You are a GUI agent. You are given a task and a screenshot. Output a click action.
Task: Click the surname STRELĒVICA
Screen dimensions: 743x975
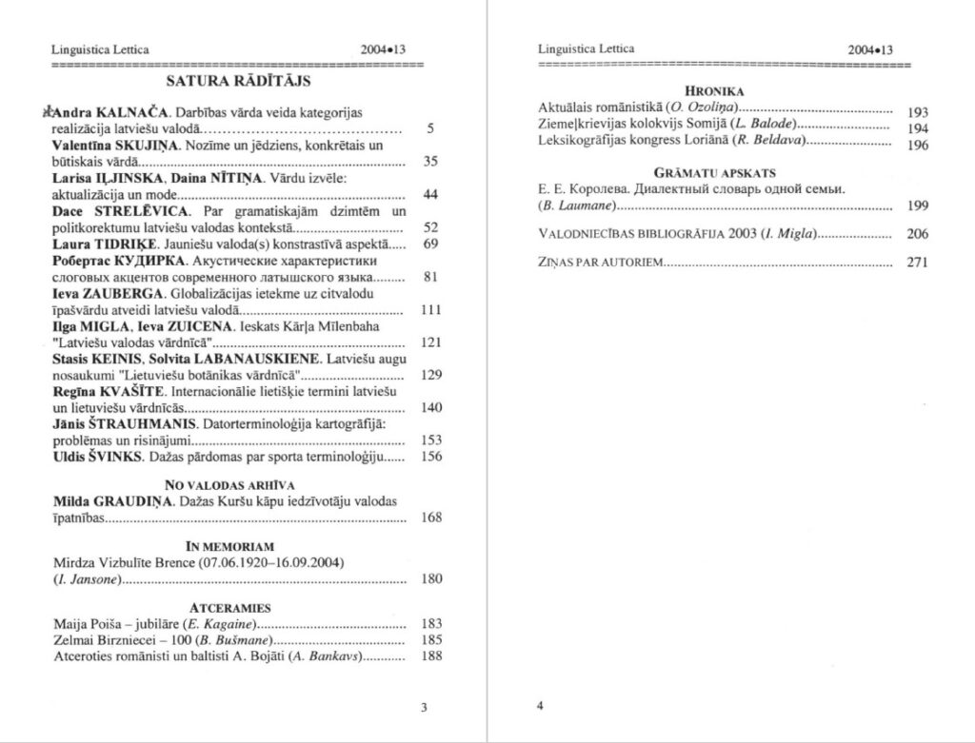pyautogui.click(x=149, y=209)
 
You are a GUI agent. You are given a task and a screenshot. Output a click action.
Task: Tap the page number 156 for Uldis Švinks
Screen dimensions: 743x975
pyautogui.click(x=431, y=457)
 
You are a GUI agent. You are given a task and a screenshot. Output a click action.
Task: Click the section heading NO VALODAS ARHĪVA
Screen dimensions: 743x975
pyautogui.click(x=229, y=484)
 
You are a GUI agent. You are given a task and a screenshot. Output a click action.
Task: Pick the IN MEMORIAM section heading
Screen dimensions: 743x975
pyautogui.click(x=229, y=546)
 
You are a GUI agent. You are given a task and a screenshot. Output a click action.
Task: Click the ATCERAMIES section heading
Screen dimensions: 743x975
pyautogui.click(x=229, y=607)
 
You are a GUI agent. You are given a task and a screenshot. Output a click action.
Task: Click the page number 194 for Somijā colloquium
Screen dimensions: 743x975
pyautogui.click(x=918, y=128)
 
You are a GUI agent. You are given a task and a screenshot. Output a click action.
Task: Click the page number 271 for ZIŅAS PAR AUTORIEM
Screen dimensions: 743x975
pyautogui.click(x=917, y=264)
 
